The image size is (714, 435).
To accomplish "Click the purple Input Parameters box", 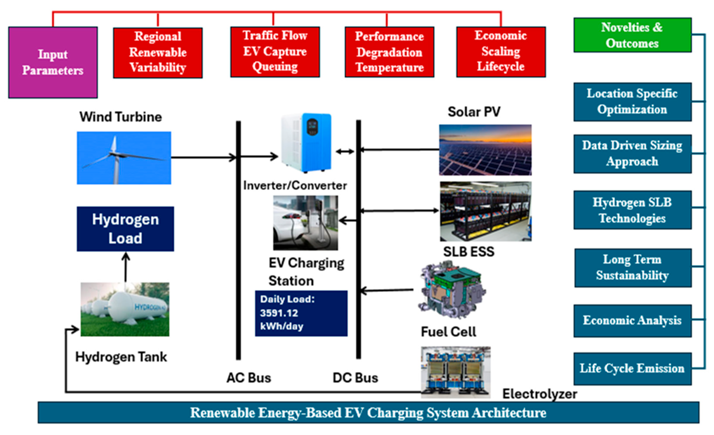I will click(x=53, y=62).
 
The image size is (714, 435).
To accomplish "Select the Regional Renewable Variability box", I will click(x=158, y=53).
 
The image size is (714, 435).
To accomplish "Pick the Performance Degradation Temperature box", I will click(x=389, y=52).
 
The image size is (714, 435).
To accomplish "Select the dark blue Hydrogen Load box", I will click(x=125, y=229).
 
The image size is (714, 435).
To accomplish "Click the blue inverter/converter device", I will click(x=306, y=142).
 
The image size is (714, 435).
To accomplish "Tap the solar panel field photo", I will click(x=485, y=150).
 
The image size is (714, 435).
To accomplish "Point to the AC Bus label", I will click(x=249, y=378).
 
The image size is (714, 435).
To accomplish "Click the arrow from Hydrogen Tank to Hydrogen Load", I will click(x=125, y=267).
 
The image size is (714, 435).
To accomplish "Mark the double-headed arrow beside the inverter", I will click(x=345, y=151).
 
